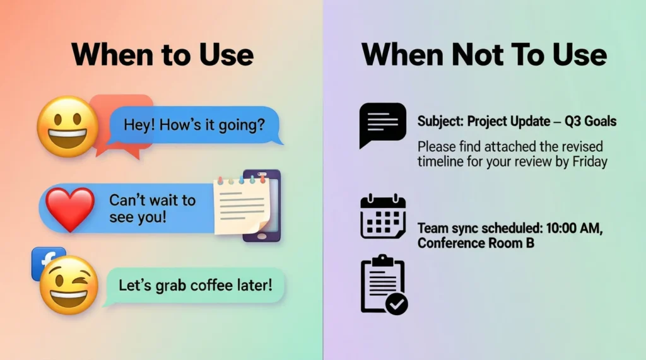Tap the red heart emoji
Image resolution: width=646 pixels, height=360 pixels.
pyautogui.click(x=69, y=209)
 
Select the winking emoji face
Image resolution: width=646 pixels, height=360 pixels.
pyautogui.click(x=69, y=286)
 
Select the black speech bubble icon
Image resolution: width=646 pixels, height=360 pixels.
pyautogui.click(x=382, y=124)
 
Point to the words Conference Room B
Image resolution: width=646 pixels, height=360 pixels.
pyautogui.click(x=476, y=243)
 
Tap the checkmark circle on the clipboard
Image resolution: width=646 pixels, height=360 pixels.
pyautogui.click(x=397, y=305)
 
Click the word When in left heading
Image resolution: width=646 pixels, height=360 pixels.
pyautogui.click(x=110, y=55)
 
